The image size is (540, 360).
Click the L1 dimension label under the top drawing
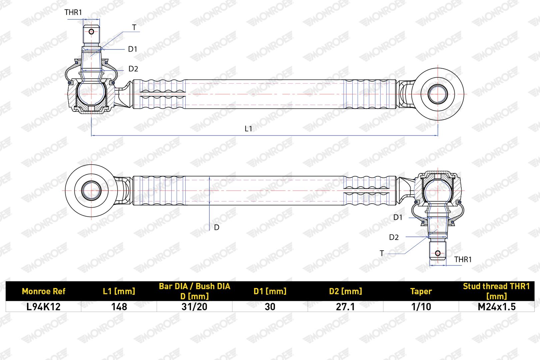point(248,129)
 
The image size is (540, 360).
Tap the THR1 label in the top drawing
point(73,12)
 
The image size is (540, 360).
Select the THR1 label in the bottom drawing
point(463,259)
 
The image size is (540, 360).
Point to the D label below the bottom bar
point(216,227)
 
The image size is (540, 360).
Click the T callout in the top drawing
point(134,28)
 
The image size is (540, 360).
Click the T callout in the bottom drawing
point(382,253)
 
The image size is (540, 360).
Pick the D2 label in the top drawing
point(133,69)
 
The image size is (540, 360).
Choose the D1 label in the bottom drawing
point(398,217)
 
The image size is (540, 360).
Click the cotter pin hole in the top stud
point(91,32)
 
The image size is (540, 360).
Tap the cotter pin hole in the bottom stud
point(438,253)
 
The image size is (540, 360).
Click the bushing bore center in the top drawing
point(438,94)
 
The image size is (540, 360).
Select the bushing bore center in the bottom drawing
point(91,190)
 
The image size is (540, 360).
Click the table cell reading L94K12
point(43,307)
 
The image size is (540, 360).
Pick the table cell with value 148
point(119,307)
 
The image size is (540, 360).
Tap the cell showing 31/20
point(194,307)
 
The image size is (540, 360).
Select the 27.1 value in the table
point(345,307)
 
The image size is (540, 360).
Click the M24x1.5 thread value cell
point(497,307)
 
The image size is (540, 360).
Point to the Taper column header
point(421,291)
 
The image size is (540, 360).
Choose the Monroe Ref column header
point(43,291)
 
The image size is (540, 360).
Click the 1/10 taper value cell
point(421,307)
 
